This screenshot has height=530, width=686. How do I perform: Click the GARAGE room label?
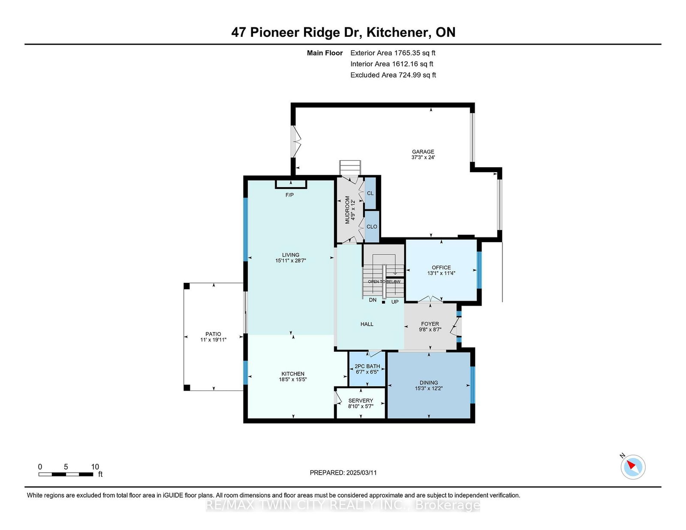pos(423,152)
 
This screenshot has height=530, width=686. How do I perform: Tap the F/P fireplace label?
pos(289,195)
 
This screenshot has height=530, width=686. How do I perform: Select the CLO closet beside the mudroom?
pos(372,227)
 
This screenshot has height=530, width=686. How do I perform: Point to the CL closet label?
pos(370,193)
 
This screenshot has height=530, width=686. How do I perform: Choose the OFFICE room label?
pos(441,267)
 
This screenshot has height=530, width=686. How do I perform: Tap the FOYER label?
pos(430,324)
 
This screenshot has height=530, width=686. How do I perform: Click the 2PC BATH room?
pos(367,366)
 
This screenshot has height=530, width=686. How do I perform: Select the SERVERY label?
pos(361,401)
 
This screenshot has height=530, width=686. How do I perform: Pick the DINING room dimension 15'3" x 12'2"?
pos(429,389)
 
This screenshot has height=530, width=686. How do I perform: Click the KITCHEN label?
pos(293,374)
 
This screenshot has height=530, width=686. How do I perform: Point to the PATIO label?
pos(213,334)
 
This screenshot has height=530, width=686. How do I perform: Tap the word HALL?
pos(367,324)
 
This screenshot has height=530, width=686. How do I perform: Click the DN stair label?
pos(373,300)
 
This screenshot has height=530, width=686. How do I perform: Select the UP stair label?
pos(395,302)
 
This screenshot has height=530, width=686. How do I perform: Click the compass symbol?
pos(633,467)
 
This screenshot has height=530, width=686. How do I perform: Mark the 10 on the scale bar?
pos(95,467)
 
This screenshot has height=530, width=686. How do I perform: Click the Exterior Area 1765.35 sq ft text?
pos(393,53)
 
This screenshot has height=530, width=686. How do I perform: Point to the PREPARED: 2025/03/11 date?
pos(343,473)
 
